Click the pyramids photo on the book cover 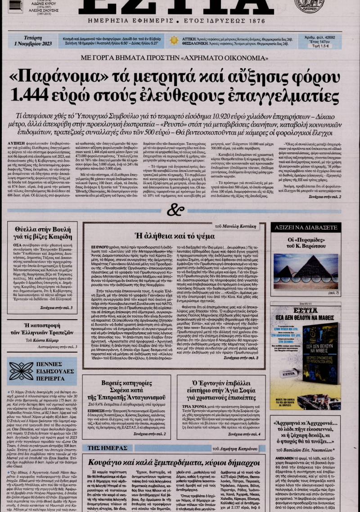pos(306,270)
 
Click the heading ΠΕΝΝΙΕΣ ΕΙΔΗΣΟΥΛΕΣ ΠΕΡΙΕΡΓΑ pos(54,371)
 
